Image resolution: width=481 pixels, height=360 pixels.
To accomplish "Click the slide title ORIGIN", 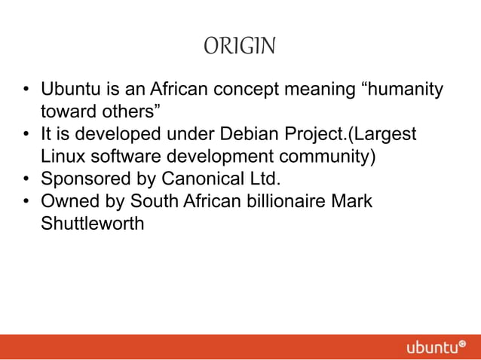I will pyautogui.click(x=240, y=47).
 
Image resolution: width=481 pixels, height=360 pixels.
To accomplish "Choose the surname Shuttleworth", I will pyautogui.click(x=92, y=224).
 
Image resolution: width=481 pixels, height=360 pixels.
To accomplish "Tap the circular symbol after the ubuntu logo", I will pyautogui.click(x=462, y=343).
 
